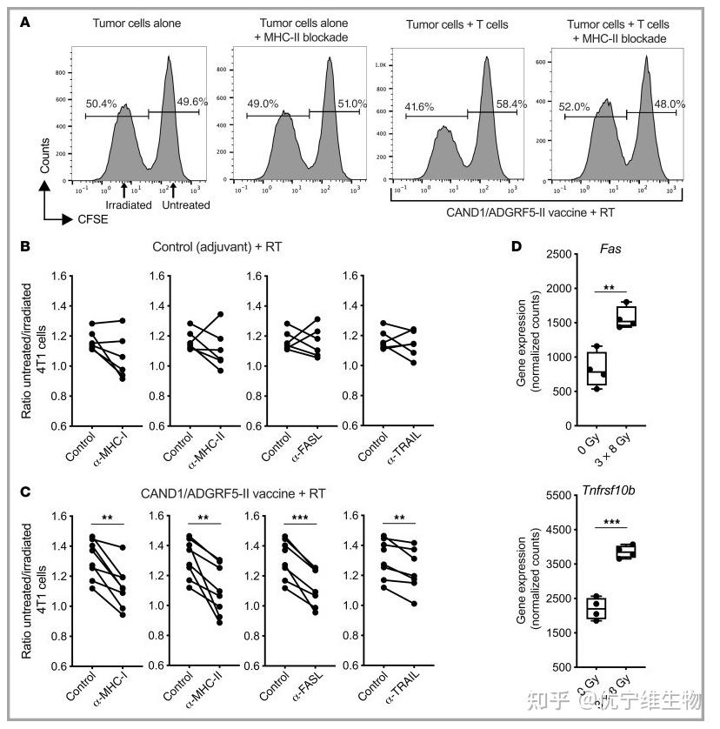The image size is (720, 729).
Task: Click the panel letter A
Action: coord(25,22)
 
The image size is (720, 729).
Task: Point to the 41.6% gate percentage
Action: coord(421,107)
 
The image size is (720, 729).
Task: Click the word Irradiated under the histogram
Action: coord(124,205)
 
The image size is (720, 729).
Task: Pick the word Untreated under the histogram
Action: coord(186,205)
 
